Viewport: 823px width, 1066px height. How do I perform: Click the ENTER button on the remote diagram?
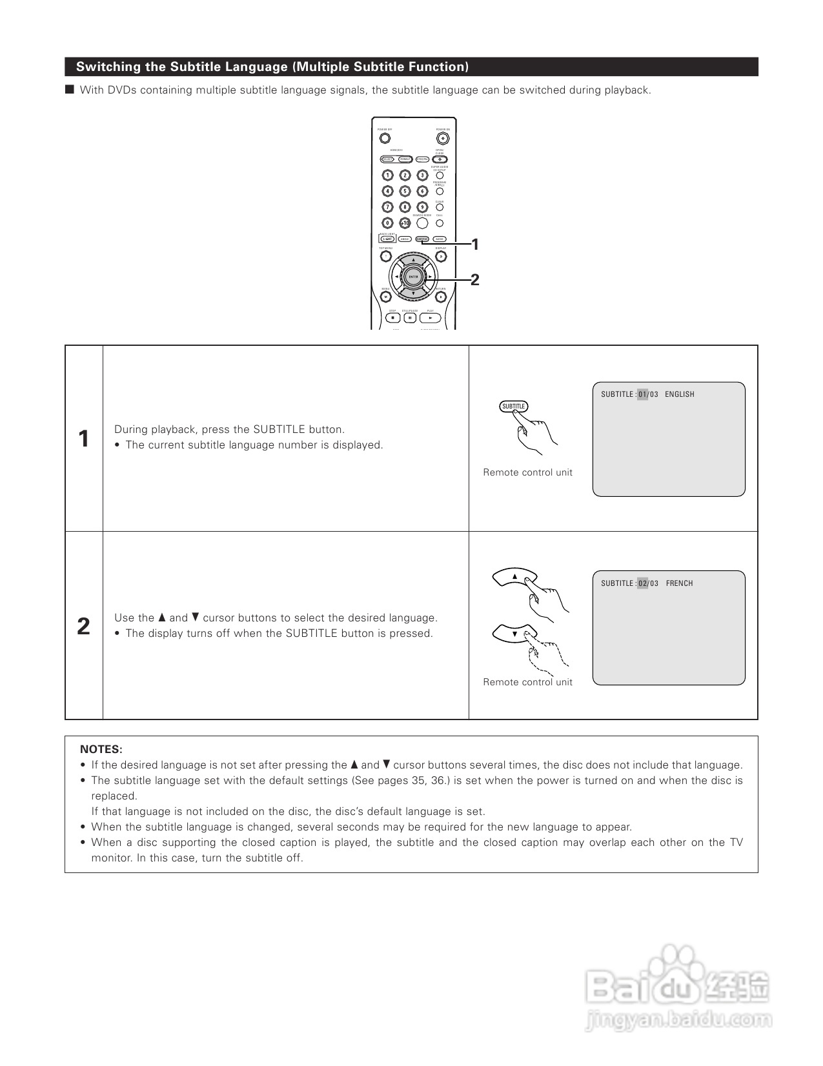tap(414, 277)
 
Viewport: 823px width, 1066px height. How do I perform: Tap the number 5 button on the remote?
tap(405, 191)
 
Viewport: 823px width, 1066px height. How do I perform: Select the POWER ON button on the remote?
tap(442, 138)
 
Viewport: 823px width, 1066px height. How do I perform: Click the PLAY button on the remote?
tap(431, 318)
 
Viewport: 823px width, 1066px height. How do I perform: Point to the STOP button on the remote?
tap(392, 318)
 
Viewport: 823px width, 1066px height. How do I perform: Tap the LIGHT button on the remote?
tap(387, 239)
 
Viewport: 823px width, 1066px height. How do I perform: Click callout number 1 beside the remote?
tap(475, 244)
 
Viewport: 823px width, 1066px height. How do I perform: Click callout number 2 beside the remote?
tap(475, 279)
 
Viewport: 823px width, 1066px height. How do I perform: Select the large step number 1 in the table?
tap(83, 439)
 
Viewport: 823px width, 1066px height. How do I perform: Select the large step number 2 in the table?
tap(83, 626)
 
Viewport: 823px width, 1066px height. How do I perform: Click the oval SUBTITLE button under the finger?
tap(514, 407)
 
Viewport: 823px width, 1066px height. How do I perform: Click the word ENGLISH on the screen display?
tap(680, 394)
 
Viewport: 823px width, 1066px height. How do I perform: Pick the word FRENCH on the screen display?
tap(679, 583)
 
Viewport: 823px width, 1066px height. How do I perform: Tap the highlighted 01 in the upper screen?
tap(642, 394)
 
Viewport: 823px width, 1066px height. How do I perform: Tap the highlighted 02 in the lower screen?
tap(642, 583)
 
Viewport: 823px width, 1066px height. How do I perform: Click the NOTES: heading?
tap(101, 749)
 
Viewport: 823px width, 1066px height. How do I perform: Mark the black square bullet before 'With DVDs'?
tap(70, 90)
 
